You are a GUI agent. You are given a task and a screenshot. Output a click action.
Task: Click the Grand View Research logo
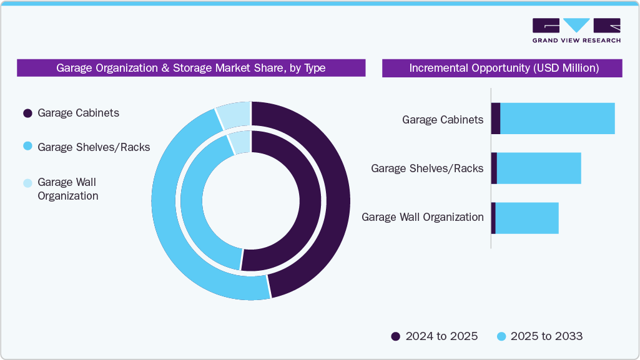coord(576,31)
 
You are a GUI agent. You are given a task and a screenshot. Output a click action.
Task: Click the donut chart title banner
coord(190,68)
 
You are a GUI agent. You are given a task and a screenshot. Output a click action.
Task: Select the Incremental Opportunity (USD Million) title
coord(503,68)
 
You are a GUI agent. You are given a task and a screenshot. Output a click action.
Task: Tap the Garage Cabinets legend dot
coord(27,114)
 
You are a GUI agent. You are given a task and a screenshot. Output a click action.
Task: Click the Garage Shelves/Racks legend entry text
coord(94,147)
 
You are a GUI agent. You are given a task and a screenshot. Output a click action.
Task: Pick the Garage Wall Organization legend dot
coord(27,183)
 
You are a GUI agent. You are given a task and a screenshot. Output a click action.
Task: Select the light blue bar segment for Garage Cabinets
coord(558,119)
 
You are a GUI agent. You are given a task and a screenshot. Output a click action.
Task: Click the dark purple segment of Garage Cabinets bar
coord(496,119)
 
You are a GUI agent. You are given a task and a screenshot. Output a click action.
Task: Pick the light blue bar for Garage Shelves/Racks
coord(539,168)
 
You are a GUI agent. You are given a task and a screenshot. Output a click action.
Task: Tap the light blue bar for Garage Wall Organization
coord(526,218)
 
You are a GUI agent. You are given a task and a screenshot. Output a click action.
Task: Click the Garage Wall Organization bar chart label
coord(423,217)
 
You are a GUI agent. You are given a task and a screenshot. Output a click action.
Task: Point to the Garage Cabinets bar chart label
coord(443,119)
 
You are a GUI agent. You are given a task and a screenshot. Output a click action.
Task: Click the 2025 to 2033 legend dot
coord(501,337)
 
